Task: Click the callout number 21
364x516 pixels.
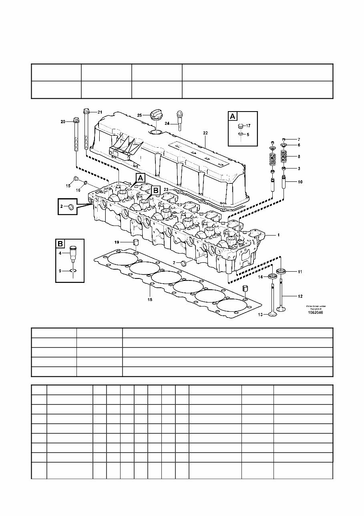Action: [x=100, y=112]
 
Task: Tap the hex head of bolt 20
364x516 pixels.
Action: [x=75, y=120]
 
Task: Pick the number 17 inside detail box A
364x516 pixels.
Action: [x=248, y=126]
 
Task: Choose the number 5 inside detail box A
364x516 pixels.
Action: [x=248, y=135]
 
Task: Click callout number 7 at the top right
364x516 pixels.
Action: [x=298, y=139]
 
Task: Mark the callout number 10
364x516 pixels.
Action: [x=300, y=182]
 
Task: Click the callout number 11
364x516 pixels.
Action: [x=300, y=272]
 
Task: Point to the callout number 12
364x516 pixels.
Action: [x=300, y=297]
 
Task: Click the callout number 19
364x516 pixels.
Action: [x=117, y=242]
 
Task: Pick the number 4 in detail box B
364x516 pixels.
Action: [x=60, y=253]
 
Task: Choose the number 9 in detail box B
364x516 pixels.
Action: [x=60, y=271]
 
